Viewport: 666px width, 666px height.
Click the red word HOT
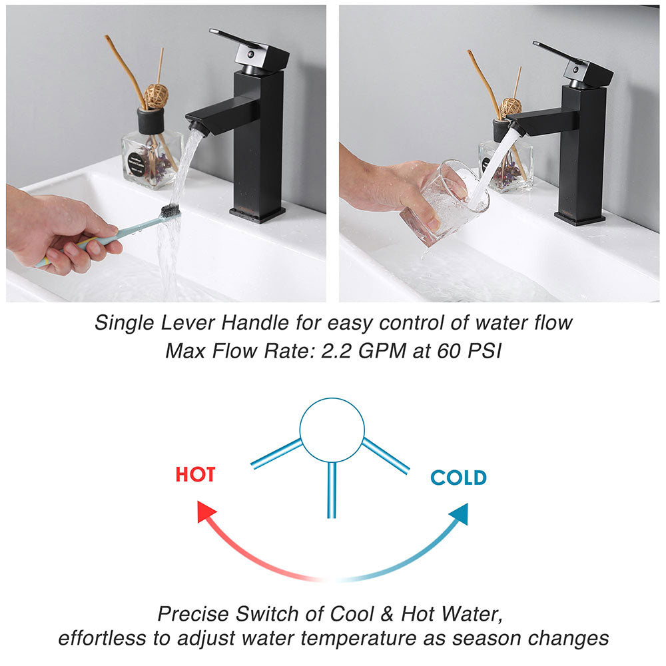tap(195, 475)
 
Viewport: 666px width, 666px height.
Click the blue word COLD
tap(458, 478)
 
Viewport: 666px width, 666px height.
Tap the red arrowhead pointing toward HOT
tap(207, 513)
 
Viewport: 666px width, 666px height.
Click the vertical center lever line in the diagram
tap(332, 490)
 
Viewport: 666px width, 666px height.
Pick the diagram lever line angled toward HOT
tap(276, 454)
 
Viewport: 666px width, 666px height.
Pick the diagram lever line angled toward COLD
tap(386, 456)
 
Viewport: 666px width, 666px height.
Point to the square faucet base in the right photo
tap(579, 218)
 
